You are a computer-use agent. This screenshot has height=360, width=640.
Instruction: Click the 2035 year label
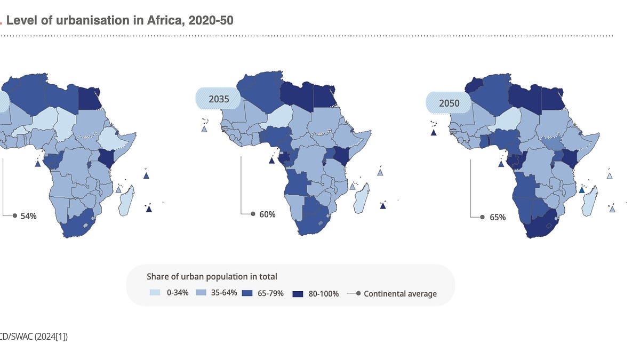(219, 99)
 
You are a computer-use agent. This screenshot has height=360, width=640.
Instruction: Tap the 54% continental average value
(28, 216)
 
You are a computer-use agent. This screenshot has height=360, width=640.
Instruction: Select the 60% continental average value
(267, 214)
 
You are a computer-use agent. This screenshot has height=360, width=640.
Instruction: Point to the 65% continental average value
(497, 217)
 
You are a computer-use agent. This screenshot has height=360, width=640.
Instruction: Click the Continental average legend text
(400, 293)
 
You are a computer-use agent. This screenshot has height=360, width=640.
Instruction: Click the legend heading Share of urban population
(212, 276)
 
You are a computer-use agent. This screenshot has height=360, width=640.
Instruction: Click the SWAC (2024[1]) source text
(37, 337)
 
